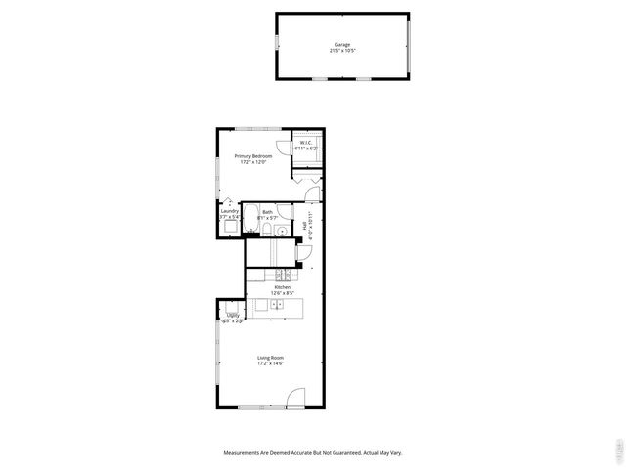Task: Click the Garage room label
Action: point(342,44)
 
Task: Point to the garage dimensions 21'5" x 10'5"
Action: point(342,50)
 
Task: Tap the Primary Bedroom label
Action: point(252,156)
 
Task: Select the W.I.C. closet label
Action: point(306,142)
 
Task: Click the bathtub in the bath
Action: point(250,220)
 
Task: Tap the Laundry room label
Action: point(230,211)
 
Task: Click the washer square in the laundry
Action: point(229,227)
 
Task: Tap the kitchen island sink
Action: point(277,306)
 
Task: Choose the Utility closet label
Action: point(233,315)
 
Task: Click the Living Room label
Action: point(270,358)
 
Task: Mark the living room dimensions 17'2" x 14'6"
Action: point(270,364)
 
